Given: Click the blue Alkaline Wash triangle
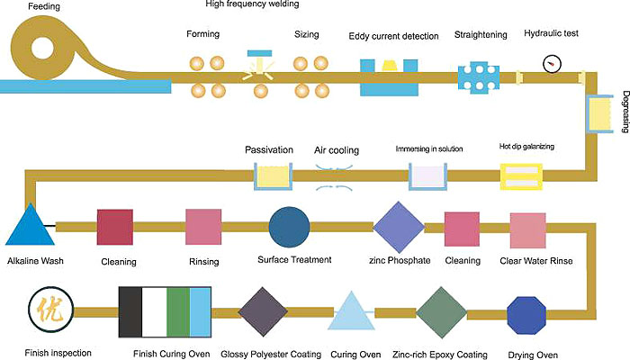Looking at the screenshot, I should [31, 227].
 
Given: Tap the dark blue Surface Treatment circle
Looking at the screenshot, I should [290, 227].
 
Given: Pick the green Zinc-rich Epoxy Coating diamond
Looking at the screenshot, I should [440, 313].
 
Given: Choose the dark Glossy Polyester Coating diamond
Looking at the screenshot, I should [262, 312].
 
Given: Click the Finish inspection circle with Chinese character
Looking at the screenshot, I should [47, 311].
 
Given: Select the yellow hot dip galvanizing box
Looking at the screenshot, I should [520, 176].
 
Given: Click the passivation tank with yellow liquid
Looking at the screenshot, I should [273, 177].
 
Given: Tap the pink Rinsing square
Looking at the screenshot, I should [203, 227].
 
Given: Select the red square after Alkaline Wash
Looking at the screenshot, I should [116, 227].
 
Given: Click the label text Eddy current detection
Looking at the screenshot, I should [393, 36].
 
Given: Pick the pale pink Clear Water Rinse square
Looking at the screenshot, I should [528, 229].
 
